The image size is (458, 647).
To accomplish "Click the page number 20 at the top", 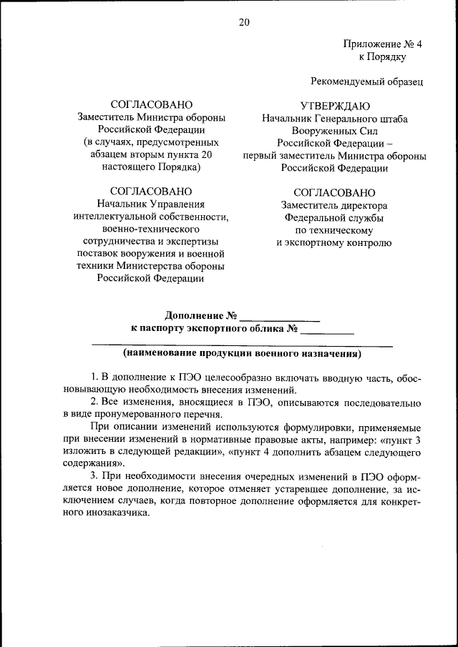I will point(243,22).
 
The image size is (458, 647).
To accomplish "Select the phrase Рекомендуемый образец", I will point(367,82).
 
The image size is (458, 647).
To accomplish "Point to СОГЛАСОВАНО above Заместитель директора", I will point(334,192).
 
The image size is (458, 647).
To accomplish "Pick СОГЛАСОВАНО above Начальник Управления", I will point(151,191).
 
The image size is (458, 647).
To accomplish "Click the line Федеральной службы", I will point(334,217).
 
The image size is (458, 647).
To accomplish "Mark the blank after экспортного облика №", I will point(328,330).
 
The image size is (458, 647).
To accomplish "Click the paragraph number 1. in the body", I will point(94,377).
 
